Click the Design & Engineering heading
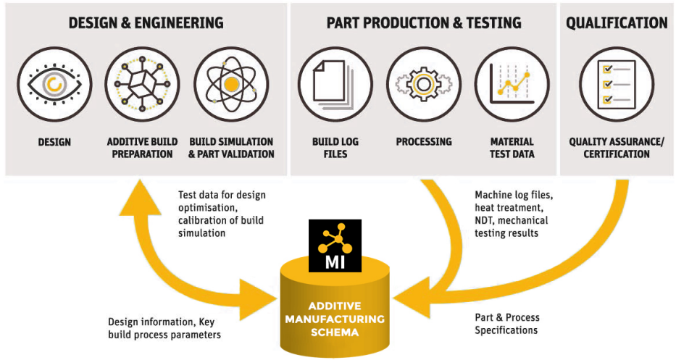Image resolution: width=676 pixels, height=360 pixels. click(146, 22)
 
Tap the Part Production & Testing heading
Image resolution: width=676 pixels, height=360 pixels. click(424, 22)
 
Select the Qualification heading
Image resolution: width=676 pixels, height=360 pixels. click(617, 22)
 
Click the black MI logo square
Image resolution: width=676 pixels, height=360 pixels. click(335, 246)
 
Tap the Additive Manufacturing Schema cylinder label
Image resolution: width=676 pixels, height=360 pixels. click(335, 319)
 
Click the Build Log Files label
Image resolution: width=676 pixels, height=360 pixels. click(335, 148)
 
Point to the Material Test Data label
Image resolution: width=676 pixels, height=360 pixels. click(512, 148)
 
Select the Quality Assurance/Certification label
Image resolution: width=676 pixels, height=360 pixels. click(617, 148)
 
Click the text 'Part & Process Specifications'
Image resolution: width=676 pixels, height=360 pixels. click(507, 324)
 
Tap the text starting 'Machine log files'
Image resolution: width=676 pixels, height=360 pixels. click(512, 214)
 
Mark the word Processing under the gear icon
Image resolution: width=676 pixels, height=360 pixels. click(424, 142)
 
